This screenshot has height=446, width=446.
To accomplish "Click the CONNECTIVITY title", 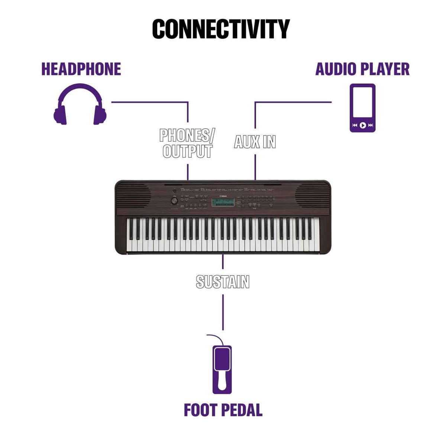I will click(221, 29).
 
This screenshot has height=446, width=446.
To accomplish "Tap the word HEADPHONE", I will click(81, 69).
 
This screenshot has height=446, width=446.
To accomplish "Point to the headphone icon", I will click(80, 104).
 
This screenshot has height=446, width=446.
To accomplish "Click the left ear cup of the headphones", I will click(61, 115).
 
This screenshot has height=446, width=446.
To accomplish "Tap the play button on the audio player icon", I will click(363, 125).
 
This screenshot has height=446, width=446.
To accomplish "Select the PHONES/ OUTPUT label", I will click(187, 143).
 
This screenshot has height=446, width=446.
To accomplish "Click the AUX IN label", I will click(255, 142).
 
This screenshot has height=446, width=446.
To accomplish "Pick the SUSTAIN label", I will click(223, 282).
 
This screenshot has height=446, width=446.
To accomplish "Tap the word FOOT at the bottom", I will click(200, 410).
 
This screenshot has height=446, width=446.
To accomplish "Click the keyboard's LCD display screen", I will click(223, 203).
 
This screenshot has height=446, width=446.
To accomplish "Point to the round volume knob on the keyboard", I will click(174, 201).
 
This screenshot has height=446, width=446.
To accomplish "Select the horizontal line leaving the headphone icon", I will click(149, 102).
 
